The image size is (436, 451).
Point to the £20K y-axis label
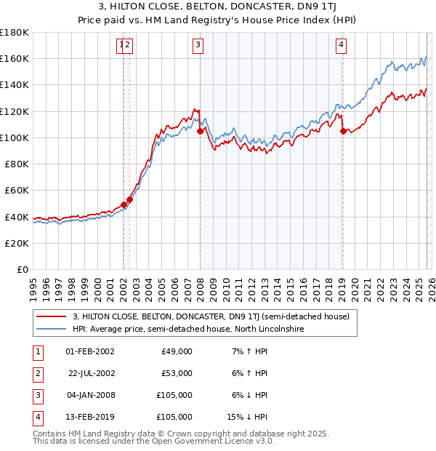tap(17, 243)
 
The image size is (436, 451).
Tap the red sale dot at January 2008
tap(200, 131)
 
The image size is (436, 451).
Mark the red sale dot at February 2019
tap(343, 131)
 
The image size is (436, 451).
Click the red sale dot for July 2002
tap(129, 199)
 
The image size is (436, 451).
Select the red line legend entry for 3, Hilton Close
tap(211, 316)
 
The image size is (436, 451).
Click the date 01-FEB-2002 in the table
tap(89, 351)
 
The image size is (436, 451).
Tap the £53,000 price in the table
tap(177, 373)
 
